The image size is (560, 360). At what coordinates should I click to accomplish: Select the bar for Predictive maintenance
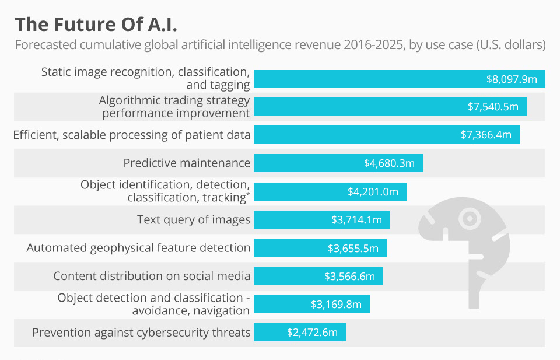(x=338, y=163)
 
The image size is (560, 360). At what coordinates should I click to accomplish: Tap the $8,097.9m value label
(x=512, y=78)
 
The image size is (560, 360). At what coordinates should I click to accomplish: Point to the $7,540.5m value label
(x=493, y=107)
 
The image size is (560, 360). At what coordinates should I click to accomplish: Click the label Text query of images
(x=194, y=220)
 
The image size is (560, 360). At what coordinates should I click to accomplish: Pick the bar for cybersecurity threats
(x=299, y=333)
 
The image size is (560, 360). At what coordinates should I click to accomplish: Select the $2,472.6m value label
(x=312, y=333)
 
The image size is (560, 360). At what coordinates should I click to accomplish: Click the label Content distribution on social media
(x=152, y=276)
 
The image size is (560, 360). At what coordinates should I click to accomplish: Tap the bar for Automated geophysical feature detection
(x=320, y=248)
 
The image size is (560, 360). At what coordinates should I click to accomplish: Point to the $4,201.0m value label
(x=373, y=191)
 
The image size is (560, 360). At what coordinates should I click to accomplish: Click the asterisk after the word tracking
(x=249, y=194)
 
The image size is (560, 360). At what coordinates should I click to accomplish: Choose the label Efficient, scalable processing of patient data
(x=132, y=135)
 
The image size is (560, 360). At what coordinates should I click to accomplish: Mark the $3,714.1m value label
(x=356, y=220)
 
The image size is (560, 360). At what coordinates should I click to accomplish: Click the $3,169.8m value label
(x=336, y=305)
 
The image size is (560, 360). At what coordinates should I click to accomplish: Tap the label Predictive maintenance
(x=187, y=163)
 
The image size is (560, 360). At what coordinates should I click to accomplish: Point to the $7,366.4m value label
(x=486, y=135)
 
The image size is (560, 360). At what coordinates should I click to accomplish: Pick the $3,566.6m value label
(x=349, y=276)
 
